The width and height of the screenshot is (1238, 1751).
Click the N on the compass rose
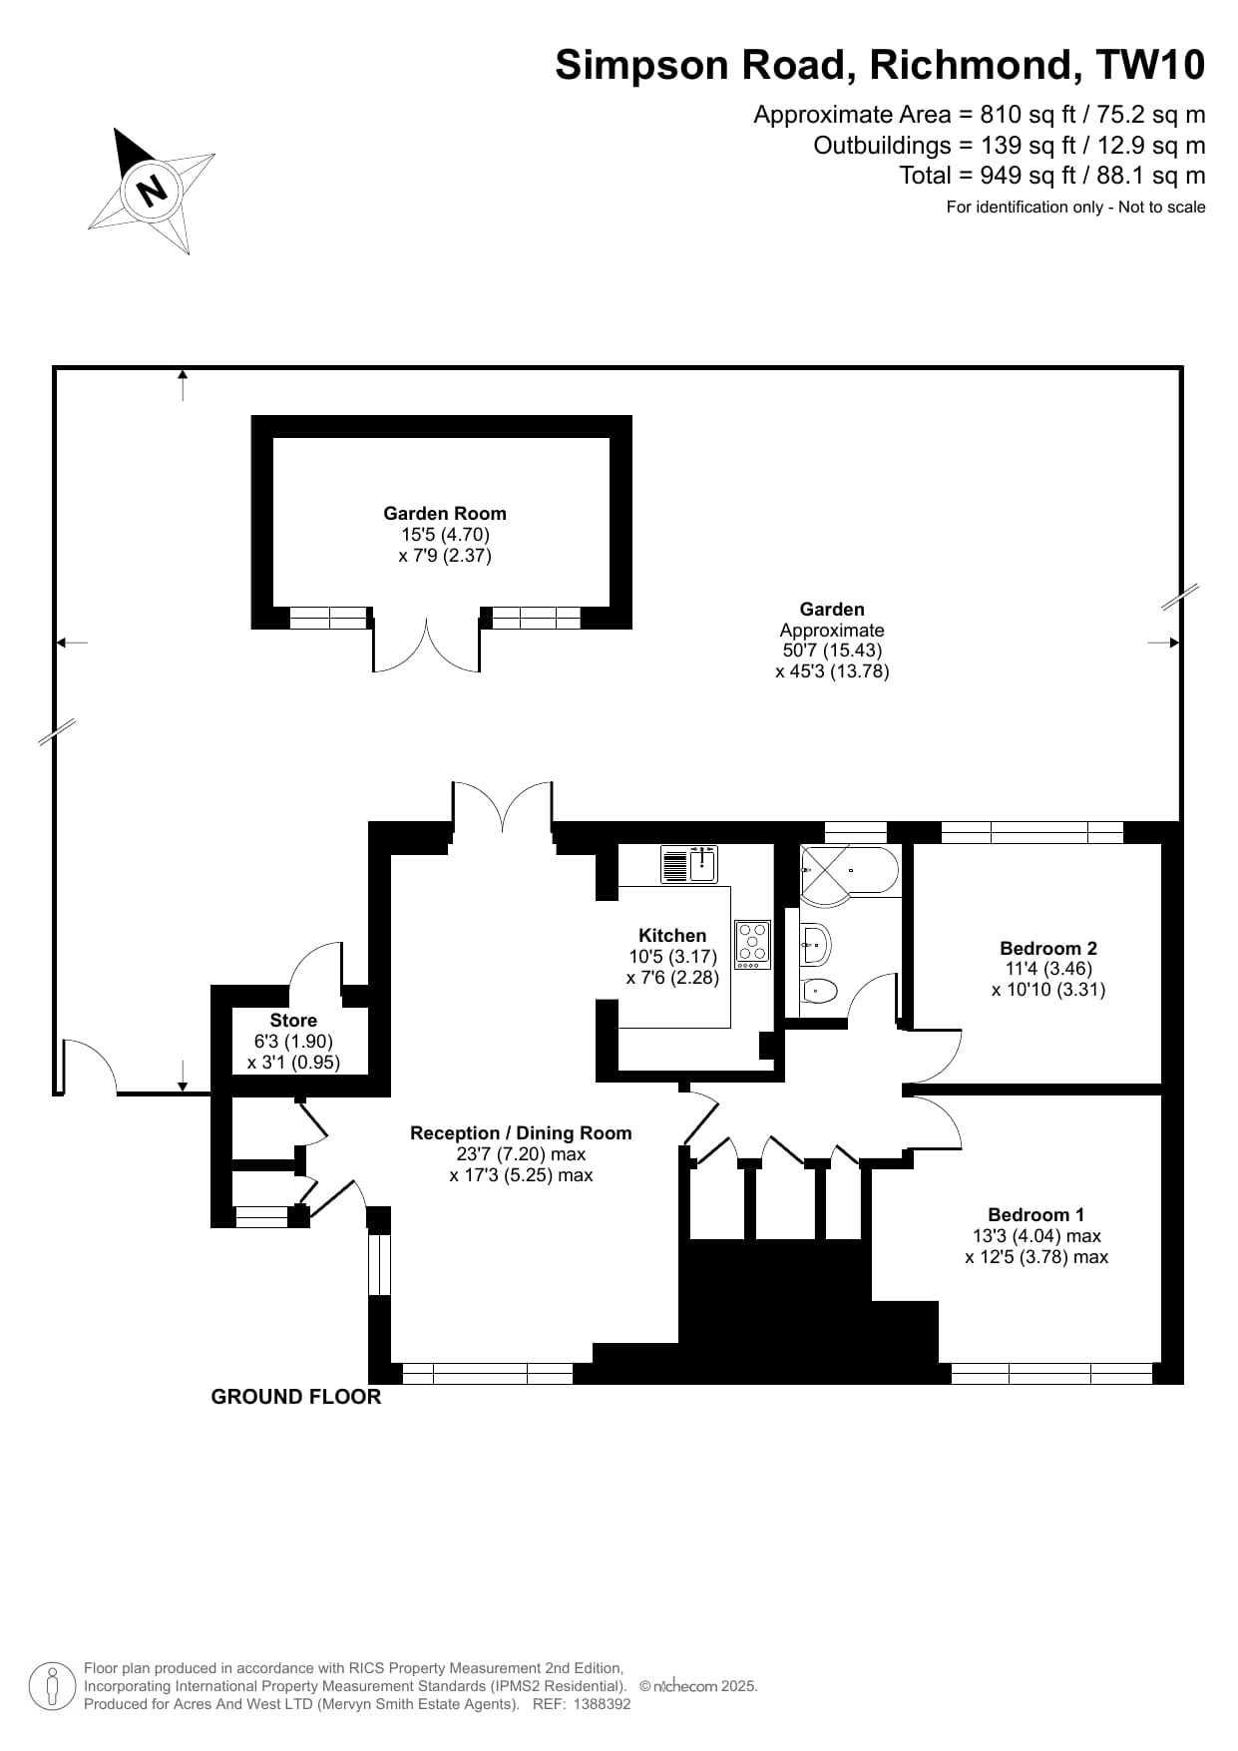click(x=152, y=189)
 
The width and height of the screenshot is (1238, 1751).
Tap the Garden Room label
click(x=444, y=514)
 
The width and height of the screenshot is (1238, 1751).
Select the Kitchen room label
click(x=671, y=935)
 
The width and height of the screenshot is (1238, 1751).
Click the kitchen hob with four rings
click(x=752, y=944)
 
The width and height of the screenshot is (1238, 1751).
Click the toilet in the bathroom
click(x=819, y=990)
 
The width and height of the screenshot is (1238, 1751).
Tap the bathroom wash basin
click(x=815, y=943)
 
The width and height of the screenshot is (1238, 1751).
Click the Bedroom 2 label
click(x=1047, y=948)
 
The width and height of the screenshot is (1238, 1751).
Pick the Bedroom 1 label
click(x=1035, y=1214)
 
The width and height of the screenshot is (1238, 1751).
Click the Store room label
click(x=293, y=1020)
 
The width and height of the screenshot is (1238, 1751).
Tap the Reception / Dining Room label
click(x=521, y=1132)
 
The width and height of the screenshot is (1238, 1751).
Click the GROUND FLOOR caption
click(x=295, y=1397)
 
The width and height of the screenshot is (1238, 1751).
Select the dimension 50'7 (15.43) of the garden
click(x=832, y=651)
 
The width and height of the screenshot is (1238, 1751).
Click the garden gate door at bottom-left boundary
click(x=88, y=1068)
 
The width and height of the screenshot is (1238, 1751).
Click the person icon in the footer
click(x=51, y=1686)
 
